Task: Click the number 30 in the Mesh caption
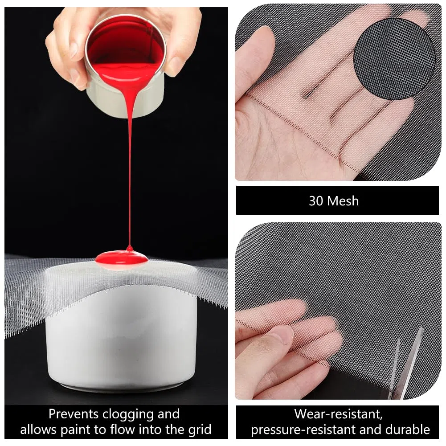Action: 315,201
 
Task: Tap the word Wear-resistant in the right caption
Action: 338,414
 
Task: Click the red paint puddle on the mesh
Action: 122,258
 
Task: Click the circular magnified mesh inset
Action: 394,59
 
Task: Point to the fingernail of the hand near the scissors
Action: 282,335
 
